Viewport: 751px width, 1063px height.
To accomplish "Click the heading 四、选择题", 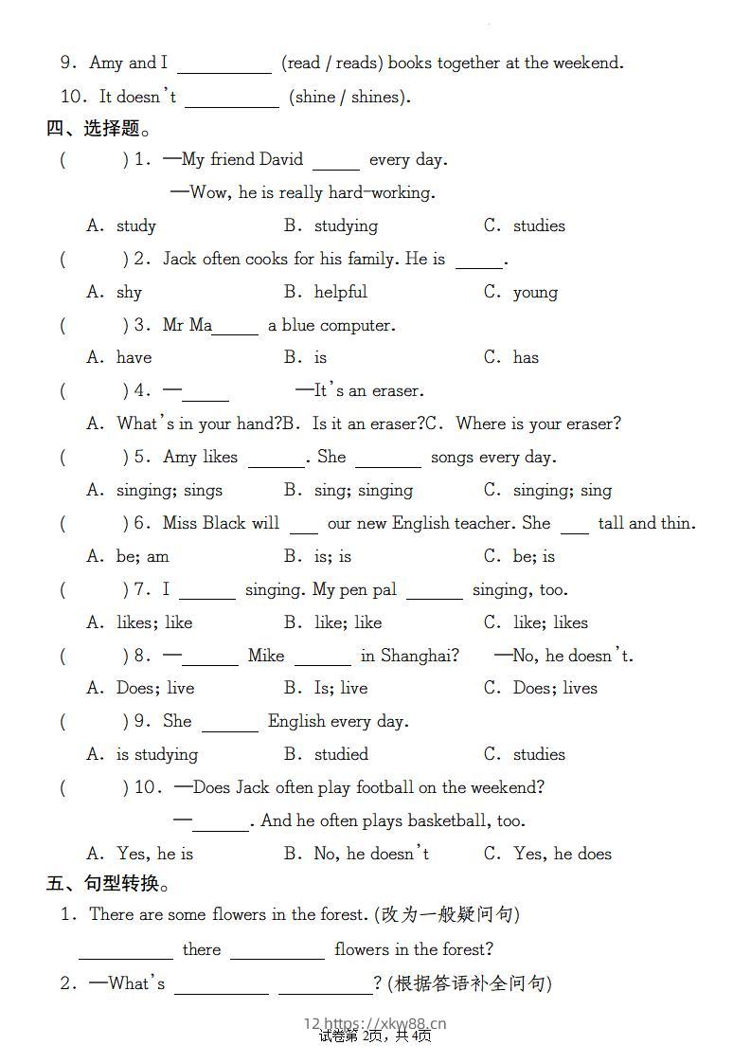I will [x=98, y=128].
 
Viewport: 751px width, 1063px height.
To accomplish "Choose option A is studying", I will [x=156, y=754].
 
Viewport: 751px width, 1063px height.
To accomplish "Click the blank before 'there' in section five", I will [x=125, y=950].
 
